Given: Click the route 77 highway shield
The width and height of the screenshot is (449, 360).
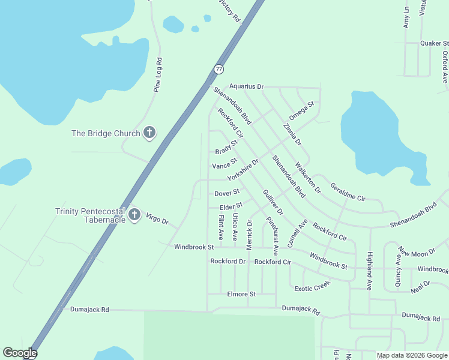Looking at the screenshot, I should click(x=218, y=69).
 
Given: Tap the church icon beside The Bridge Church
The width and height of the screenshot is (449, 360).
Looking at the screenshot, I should click(x=149, y=133).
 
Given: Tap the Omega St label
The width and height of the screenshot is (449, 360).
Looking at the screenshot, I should click(x=301, y=111).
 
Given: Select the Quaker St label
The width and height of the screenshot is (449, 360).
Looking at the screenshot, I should click(x=434, y=43).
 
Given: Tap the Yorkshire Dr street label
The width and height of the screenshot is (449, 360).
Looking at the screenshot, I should click(x=243, y=170).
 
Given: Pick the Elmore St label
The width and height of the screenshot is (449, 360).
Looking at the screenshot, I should click(x=241, y=294).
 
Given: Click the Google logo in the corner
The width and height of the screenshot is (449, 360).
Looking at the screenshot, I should click(x=20, y=353).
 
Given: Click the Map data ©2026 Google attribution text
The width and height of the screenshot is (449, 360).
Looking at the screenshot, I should click(x=412, y=355).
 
